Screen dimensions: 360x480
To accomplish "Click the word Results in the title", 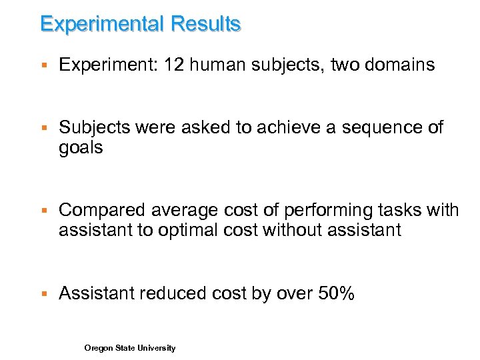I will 205,25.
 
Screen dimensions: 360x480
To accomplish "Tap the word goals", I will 81,147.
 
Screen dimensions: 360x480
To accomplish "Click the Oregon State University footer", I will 130,348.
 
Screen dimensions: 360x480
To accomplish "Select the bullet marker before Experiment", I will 43,65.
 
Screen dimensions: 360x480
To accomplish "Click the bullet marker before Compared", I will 43,211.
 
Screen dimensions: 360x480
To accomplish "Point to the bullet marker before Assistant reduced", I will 43,294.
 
